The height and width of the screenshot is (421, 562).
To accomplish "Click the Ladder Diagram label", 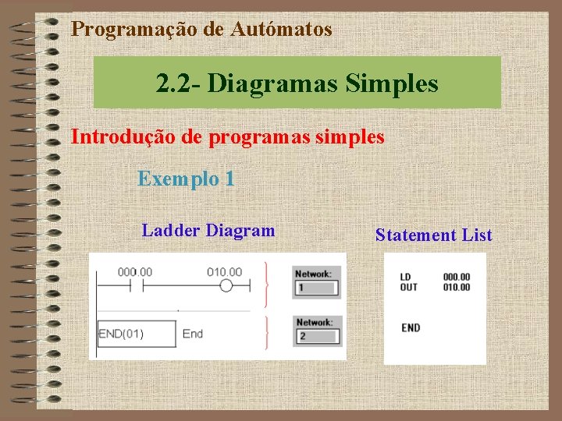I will [208, 231].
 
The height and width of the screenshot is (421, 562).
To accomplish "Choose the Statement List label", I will [433, 235].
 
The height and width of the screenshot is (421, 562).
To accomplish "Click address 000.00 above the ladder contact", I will [135, 272].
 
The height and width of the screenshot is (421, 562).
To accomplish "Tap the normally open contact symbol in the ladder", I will [135, 286].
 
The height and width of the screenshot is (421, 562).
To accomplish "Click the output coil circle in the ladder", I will [226, 286].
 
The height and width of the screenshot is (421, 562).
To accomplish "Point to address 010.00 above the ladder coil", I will [225, 272].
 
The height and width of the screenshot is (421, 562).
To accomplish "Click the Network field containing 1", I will [316, 288].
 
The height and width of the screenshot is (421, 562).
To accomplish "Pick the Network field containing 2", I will [316, 336].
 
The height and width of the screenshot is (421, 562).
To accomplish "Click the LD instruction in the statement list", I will [405, 277].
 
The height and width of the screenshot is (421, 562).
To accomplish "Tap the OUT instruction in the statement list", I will [408, 287].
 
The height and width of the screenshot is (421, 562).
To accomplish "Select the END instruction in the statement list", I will [411, 328].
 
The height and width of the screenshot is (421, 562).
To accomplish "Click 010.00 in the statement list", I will [457, 287].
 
